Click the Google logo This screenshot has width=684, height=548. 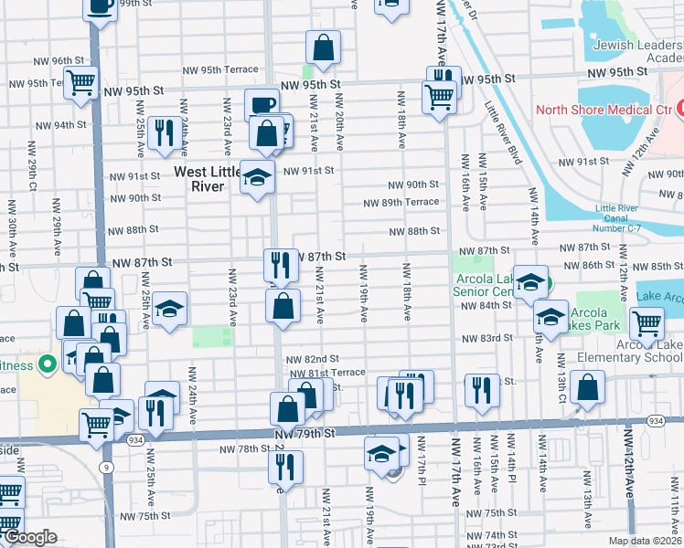point(29,537)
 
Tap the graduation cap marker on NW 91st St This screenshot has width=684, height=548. point(257,175)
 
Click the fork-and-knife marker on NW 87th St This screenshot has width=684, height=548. point(281,265)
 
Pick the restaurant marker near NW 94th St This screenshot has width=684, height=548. point(165,132)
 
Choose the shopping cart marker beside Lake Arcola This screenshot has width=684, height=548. point(647,322)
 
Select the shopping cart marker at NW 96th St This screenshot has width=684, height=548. point(81,81)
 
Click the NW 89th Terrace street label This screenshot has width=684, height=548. point(401,203)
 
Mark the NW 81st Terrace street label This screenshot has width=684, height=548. point(327,373)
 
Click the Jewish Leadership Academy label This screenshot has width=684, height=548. point(637,51)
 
